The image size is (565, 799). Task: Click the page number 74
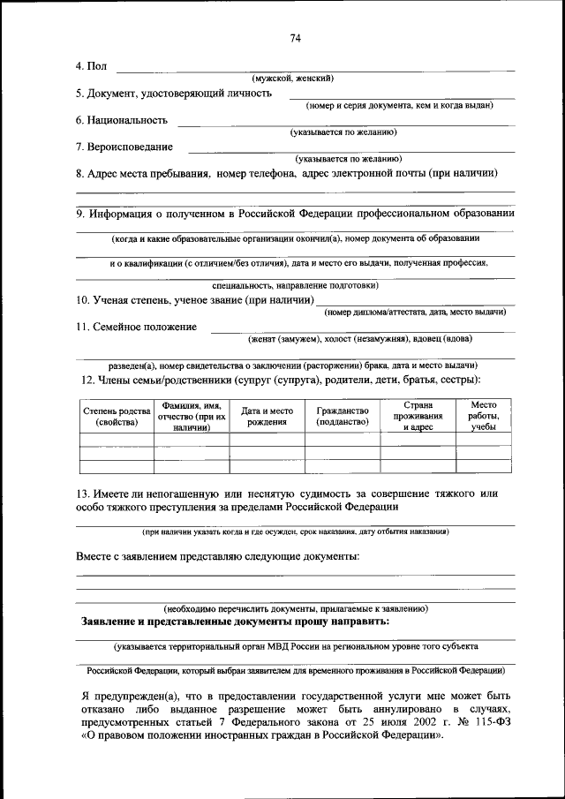point(296,37)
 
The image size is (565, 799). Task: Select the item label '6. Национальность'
point(122,120)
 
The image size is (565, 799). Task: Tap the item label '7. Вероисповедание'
point(124,147)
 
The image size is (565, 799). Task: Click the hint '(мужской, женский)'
point(292,79)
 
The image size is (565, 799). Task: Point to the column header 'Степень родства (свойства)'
point(117,416)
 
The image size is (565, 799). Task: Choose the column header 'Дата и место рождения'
point(267,416)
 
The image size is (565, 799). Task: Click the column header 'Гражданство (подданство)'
point(342,416)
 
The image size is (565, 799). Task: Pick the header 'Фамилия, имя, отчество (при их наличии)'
point(192,416)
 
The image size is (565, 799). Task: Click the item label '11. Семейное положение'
point(136,327)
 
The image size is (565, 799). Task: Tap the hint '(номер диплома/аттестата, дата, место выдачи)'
point(415,313)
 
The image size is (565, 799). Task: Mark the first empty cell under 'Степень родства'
point(117,440)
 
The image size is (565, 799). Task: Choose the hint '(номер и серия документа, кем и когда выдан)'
point(399,106)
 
